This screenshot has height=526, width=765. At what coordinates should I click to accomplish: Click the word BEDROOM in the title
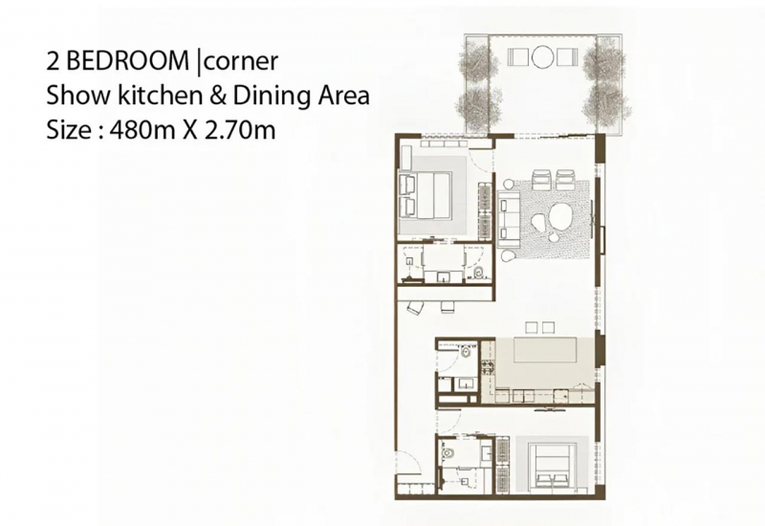point(127,61)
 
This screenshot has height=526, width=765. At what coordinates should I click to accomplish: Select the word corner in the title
point(240,62)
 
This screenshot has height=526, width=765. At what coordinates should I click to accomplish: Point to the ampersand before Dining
point(217,97)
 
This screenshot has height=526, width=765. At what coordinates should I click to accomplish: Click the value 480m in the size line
point(142,130)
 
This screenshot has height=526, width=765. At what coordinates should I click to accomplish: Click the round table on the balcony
point(542,56)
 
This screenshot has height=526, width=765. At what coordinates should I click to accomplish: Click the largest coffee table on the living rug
point(563,216)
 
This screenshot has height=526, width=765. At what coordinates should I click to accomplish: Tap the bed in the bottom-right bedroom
point(555,465)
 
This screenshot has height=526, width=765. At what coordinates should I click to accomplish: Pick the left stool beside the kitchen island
point(532,327)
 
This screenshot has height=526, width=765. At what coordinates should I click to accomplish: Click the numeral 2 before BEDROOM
point(53,61)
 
